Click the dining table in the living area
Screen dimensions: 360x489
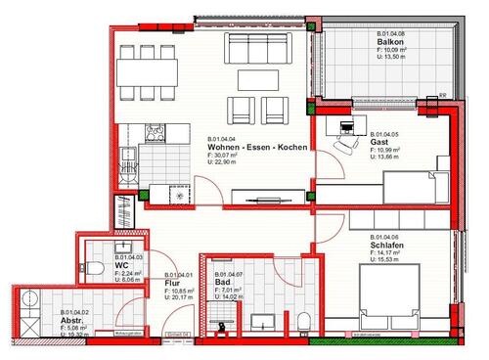149,70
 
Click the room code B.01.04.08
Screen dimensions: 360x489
396,33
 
